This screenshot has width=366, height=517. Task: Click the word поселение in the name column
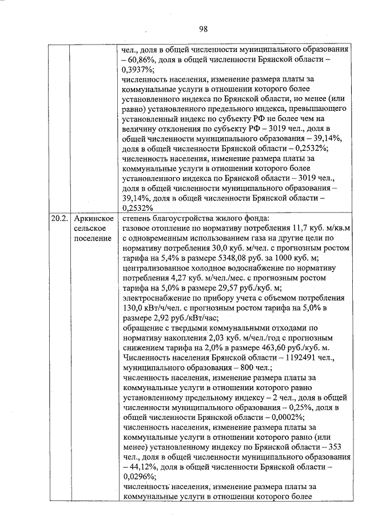tap(93, 238)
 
